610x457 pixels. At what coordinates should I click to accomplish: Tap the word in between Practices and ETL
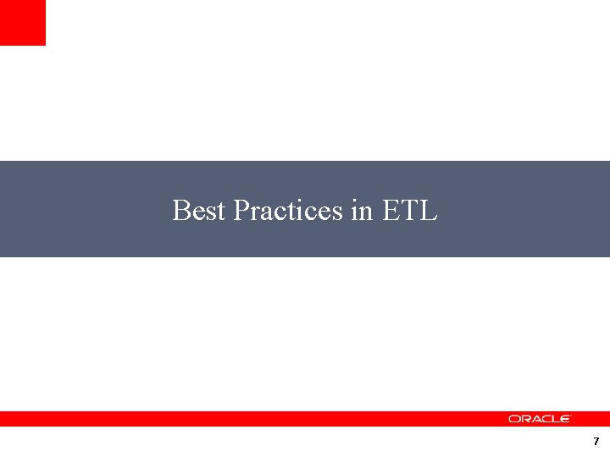(361, 210)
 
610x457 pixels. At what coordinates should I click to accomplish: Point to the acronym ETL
(409, 210)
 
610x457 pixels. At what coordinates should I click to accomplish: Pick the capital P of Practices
(240, 210)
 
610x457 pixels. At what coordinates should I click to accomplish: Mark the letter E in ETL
(391, 210)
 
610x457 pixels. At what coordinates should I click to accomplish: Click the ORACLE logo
(540, 419)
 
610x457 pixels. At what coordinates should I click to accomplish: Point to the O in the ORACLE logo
(513, 419)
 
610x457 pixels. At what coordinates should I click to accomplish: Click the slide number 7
(596, 442)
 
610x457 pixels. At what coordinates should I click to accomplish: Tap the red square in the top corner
(22, 22)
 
